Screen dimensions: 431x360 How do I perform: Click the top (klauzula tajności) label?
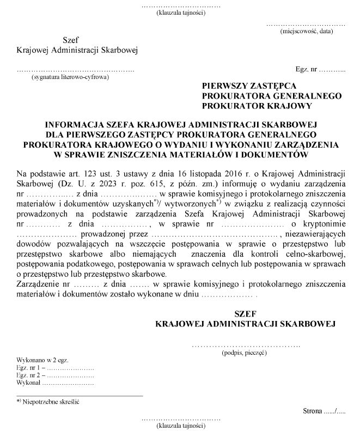180,12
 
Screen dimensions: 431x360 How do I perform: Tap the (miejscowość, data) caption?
305,32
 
